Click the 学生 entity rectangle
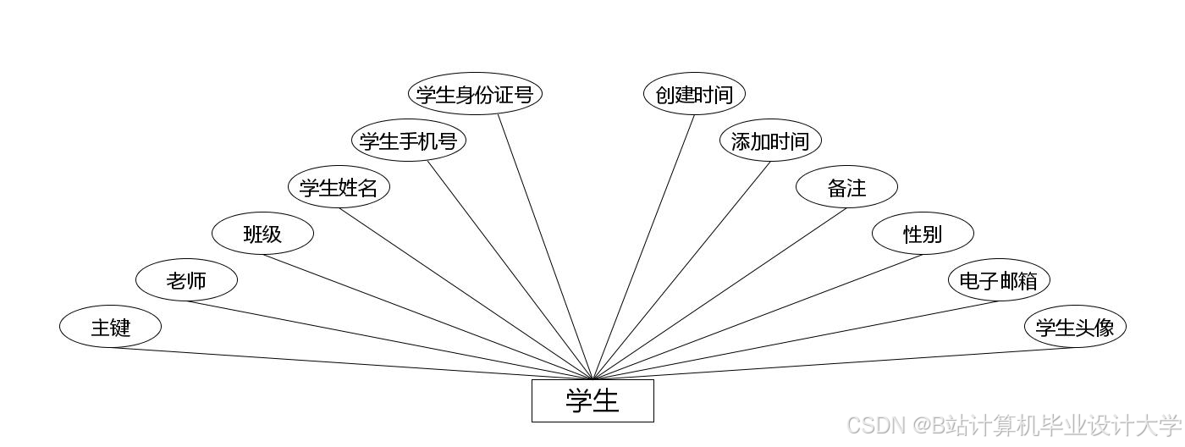(x=592, y=400)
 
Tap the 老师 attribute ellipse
(x=186, y=280)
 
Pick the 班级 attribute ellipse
(x=262, y=234)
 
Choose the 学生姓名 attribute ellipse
(x=339, y=187)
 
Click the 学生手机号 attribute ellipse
(x=408, y=141)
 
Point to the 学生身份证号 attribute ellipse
(x=474, y=94)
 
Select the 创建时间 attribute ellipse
(x=694, y=94)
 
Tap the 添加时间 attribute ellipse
(x=770, y=141)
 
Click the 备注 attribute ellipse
(x=846, y=187)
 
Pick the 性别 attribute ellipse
(x=923, y=234)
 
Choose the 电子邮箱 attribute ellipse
(x=999, y=280)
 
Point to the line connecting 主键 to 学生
(x=351, y=364)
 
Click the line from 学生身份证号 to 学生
(x=545, y=247)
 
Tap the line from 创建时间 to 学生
(x=643, y=247)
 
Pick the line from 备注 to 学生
(x=719, y=294)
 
